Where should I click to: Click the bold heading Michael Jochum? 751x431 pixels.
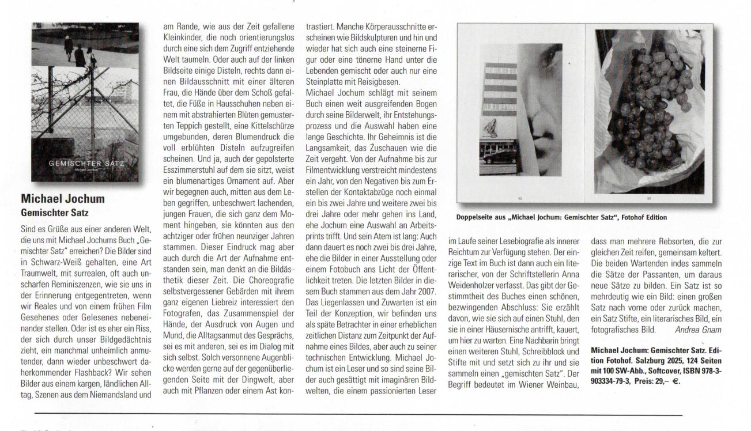(62, 199)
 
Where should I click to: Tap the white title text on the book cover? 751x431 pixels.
(86, 164)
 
